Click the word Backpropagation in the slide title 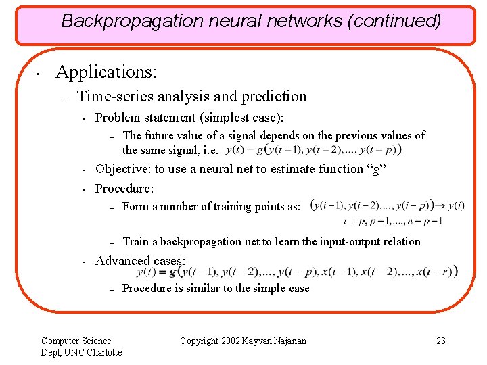pos(122,21)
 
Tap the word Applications pos(106,72)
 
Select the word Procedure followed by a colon pos(124,188)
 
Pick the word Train pos(135,241)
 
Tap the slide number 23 pos(441,341)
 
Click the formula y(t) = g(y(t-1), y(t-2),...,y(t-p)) pos(317,149)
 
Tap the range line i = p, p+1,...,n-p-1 pos(393,220)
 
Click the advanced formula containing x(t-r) pos(296,272)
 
